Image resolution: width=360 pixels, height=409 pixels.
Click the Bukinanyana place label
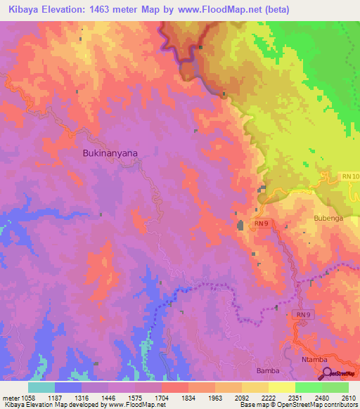click(x=110, y=152)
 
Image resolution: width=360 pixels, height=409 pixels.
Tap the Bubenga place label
click(x=328, y=219)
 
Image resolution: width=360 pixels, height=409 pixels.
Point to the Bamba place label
click(x=268, y=370)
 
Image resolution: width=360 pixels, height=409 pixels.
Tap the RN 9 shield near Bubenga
click(x=262, y=223)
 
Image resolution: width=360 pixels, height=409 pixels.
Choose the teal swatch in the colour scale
click(x=41, y=387)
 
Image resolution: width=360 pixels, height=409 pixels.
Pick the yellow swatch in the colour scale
click(x=281, y=387)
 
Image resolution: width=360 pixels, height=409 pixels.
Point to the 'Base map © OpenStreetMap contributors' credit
click(x=298, y=404)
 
